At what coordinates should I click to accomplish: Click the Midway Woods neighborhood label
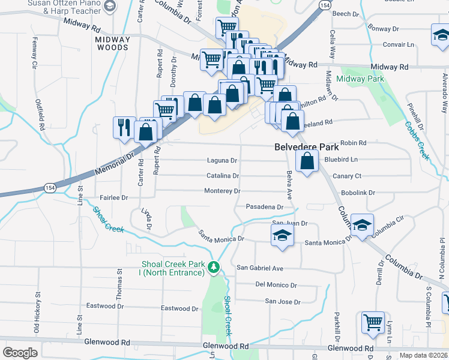[x=112, y=43]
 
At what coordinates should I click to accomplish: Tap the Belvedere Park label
[x=304, y=146]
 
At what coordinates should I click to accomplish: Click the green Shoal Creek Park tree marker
[x=214, y=268]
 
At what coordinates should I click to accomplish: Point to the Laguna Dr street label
[x=222, y=161]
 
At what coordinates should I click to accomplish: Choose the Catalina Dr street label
[x=223, y=176]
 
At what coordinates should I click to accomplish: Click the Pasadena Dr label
[x=265, y=207]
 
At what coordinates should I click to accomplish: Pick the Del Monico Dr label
[x=276, y=284]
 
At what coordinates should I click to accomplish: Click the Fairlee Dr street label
[x=114, y=197]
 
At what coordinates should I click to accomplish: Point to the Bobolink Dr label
[x=358, y=193]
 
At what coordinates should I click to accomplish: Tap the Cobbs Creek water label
[x=416, y=140]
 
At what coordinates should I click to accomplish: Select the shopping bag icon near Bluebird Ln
[x=307, y=161]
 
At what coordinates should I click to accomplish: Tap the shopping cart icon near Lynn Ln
[x=373, y=322]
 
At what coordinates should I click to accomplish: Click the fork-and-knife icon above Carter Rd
[x=124, y=127]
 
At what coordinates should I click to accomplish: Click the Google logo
[x=20, y=353]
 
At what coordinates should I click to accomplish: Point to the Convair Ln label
[x=399, y=44]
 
